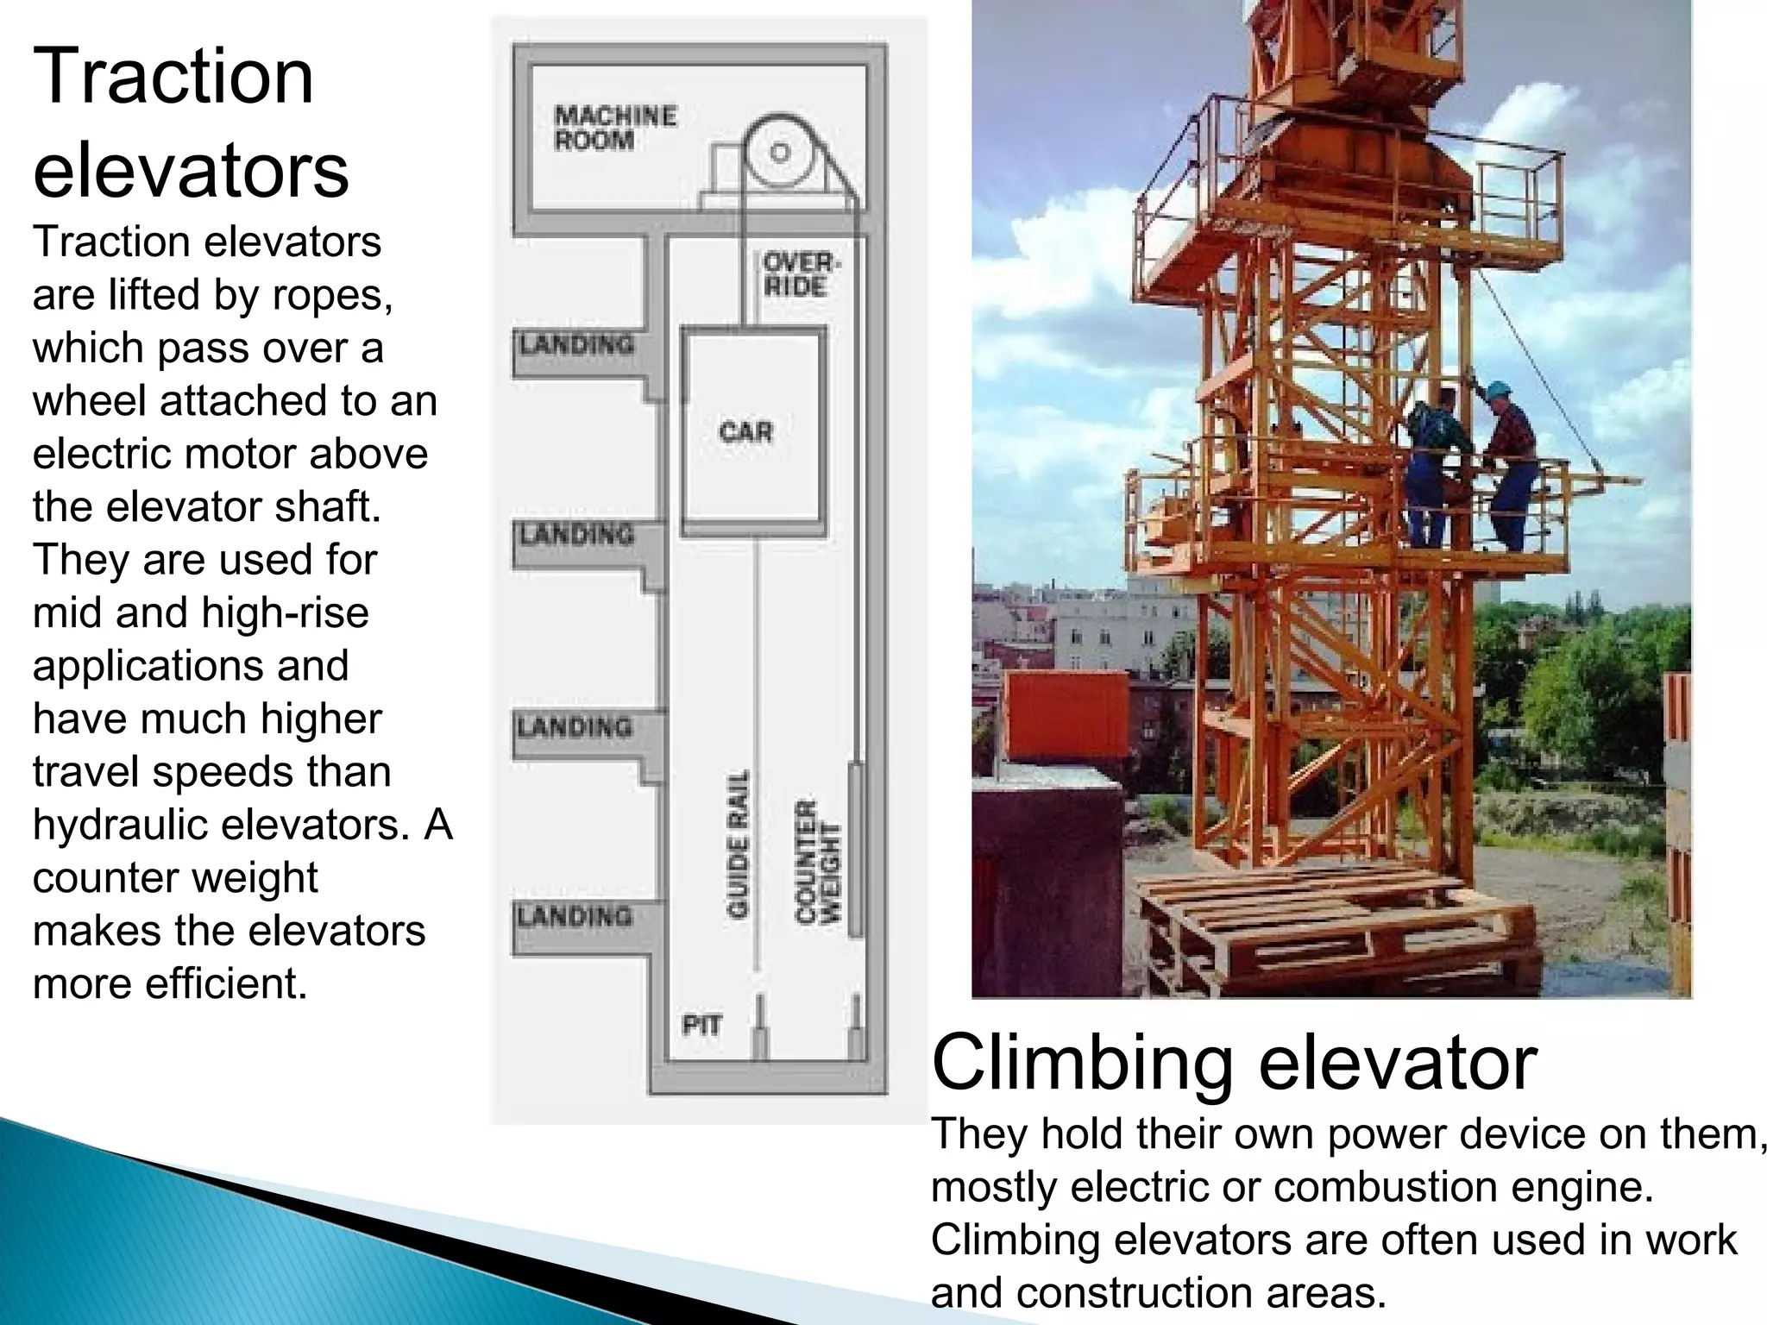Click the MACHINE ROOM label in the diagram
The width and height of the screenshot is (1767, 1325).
tap(614, 128)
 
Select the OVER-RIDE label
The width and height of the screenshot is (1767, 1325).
tap(799, 274)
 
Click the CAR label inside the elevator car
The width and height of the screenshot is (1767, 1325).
tap(745, 431)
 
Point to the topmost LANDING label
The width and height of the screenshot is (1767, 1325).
tap(576, 344)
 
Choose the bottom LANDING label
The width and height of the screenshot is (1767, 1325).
tap(575, 915)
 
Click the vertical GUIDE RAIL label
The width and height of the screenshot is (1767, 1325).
tap(738, 844)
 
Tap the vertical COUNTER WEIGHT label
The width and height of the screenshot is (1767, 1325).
tap(816, 860)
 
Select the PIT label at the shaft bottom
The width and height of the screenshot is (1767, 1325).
tap(701, 1026)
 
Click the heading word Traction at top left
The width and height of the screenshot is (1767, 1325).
tap(173, 78)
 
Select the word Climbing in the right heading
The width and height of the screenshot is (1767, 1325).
tap(1082, 1063)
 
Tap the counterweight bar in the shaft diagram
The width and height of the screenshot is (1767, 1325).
tap(854, 850)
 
